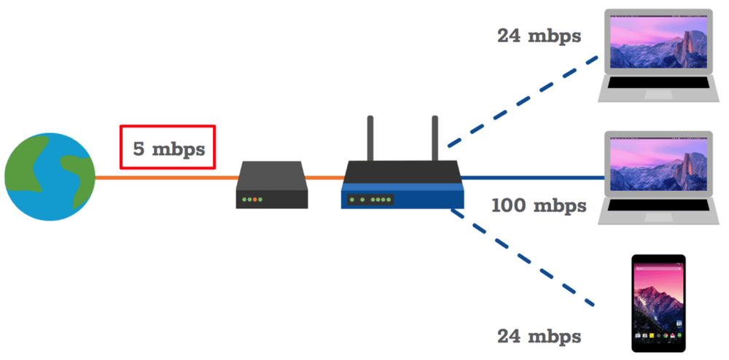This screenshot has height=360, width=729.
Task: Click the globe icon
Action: click(50, 177)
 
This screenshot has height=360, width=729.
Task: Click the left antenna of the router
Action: click(370, 138)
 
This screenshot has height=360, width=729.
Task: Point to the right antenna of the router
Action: click(435, 138)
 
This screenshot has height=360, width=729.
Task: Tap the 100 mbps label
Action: click(539, 205)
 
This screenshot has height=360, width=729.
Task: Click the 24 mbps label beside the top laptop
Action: click(539, 35)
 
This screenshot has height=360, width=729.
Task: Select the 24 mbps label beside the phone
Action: click(539, 336)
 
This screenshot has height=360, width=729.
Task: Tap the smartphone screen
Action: click(658, 302)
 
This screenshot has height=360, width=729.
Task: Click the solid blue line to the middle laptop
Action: click(532, 177)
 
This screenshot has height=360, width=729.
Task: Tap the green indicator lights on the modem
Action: click(253, 199)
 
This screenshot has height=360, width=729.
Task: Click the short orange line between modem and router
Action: click(325, 177)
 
